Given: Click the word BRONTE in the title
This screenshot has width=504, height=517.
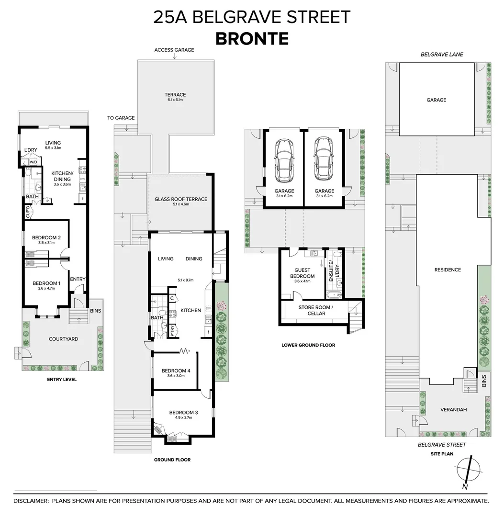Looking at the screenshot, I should point(252,38).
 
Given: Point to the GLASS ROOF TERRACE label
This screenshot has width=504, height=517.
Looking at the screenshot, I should point(181,199).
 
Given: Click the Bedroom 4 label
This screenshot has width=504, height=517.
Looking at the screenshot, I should point(176,371).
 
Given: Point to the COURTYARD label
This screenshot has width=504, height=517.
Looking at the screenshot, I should point(63,339).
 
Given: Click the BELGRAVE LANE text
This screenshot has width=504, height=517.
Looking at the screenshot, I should point(442,55).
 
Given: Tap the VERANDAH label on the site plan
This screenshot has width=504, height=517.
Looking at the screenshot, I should point(453,410).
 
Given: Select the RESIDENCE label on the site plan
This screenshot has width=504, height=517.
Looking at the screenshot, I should point(448,270).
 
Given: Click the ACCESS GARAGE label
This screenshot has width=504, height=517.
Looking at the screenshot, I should point(174,50).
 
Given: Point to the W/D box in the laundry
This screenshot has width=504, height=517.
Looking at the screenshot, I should point(34,162).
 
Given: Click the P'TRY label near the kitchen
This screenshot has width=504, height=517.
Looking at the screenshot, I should point(172,331).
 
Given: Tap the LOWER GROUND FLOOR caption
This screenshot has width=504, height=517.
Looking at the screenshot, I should point(308,345).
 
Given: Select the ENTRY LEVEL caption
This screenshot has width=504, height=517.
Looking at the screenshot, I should point(62,380).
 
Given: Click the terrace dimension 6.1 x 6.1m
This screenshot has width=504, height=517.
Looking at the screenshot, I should point(175,100).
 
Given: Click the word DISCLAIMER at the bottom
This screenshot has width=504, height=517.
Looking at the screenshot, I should point(31,501).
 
